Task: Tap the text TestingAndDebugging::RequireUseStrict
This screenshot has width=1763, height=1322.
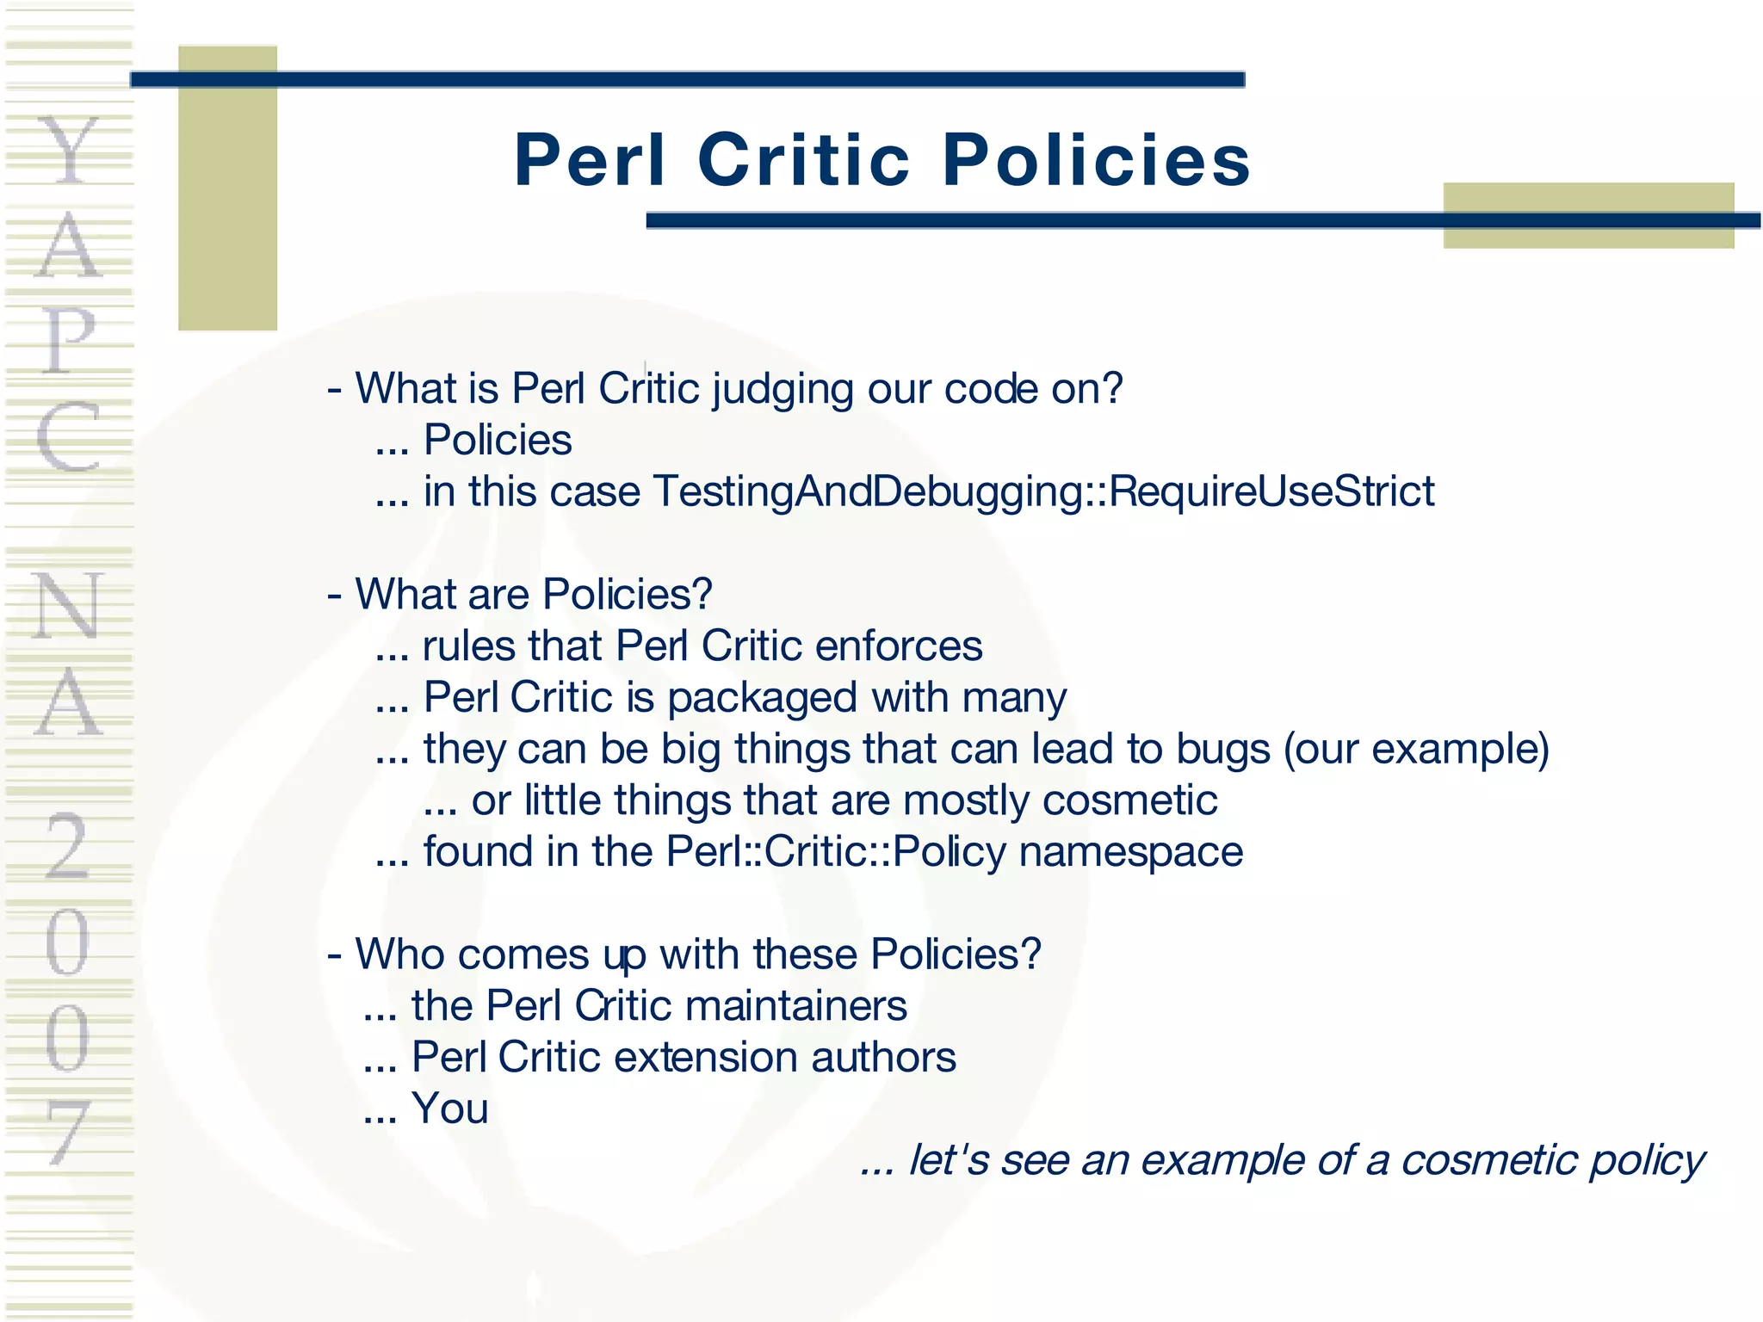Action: [x=1043, y=492]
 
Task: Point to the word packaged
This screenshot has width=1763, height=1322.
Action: [x=762, y=698]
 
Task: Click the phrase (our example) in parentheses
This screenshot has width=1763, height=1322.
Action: [x=1416, y=749]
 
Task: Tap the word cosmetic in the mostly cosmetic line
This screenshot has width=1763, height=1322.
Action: [x=1129, y=800]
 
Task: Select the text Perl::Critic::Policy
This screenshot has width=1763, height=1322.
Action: [x=835, y=852]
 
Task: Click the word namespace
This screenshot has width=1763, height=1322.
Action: [x=1130, y=852]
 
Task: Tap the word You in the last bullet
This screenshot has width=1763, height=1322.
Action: [x=449, y=1109]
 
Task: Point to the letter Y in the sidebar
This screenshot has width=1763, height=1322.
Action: [x=69, y=151]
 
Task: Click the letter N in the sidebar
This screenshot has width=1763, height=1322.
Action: [x=69, y=606]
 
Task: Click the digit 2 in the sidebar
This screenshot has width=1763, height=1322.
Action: [x=67, y=847]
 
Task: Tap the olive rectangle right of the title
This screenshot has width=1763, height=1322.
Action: [x=1588, y=215]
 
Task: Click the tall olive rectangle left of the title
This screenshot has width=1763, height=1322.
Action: [x=227, y=188]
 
